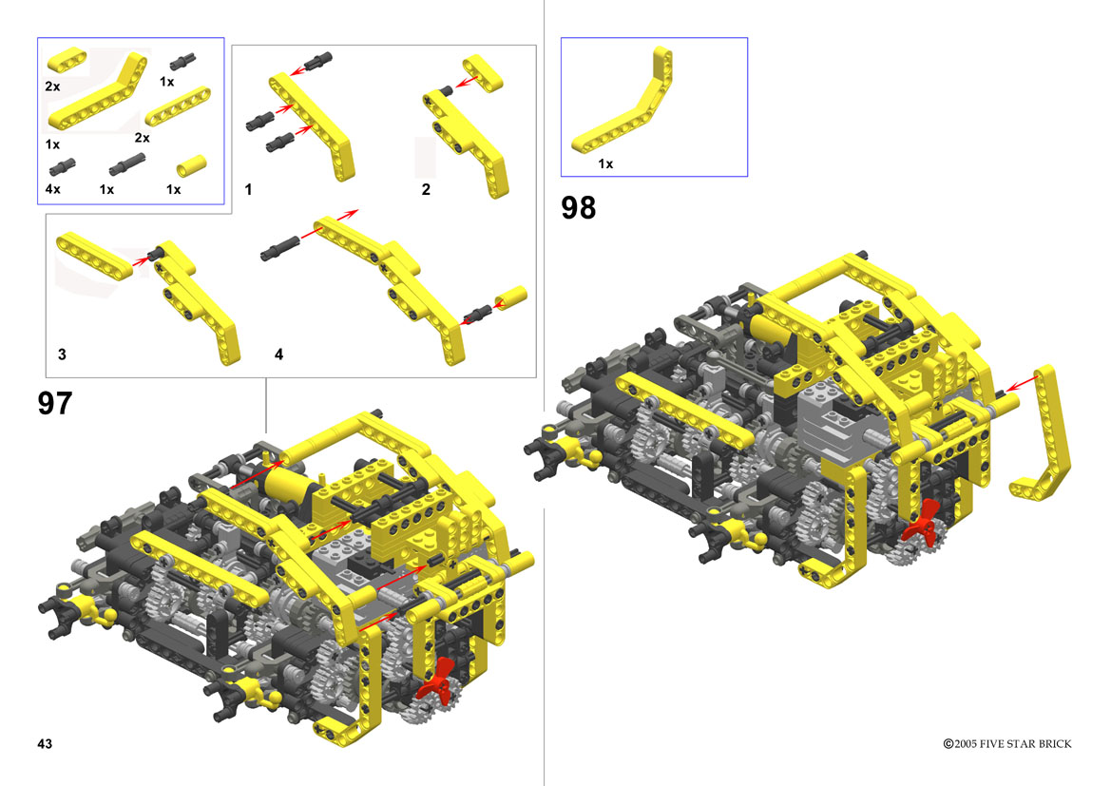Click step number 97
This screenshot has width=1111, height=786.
coord(55,403)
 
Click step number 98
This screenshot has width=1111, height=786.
coord(578,207)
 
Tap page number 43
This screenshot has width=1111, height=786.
coord(45,743)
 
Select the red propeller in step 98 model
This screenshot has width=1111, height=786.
coord(922,523)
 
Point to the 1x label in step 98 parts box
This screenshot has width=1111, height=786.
coord(605,163)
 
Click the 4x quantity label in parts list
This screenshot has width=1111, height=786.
coord(52,189)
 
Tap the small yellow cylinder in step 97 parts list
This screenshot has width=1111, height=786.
coord(191,166)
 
